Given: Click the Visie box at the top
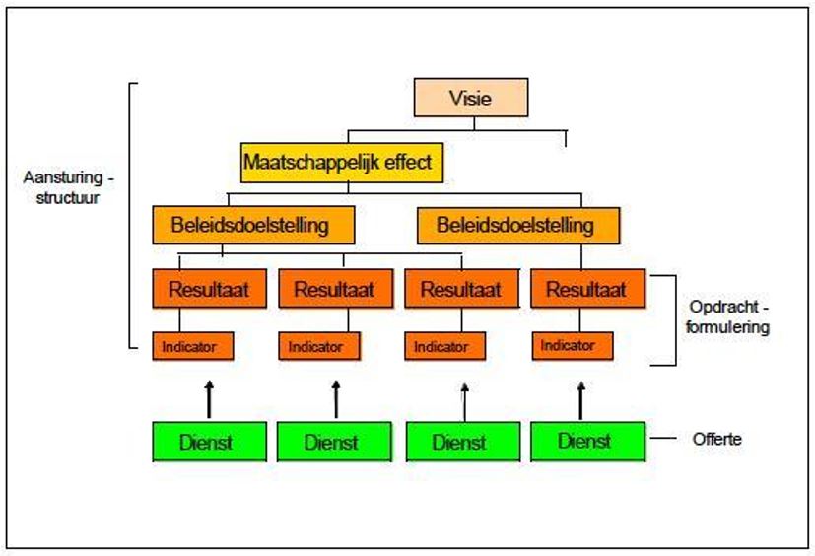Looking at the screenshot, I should point(470,99).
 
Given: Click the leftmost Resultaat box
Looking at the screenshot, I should point(209,290).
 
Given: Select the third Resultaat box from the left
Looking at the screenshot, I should point(460,290).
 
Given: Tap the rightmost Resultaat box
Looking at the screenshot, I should point(586,290).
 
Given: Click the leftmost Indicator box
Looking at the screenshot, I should point(193,347).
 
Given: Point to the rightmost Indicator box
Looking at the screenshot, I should point(575,346).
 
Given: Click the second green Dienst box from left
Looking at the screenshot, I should point(331,442).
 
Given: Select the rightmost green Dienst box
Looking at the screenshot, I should point(587,441).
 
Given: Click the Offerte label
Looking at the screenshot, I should point(716,440).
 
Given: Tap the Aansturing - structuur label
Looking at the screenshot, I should point(69,187).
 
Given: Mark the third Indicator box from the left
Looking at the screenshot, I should point(441,347).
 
